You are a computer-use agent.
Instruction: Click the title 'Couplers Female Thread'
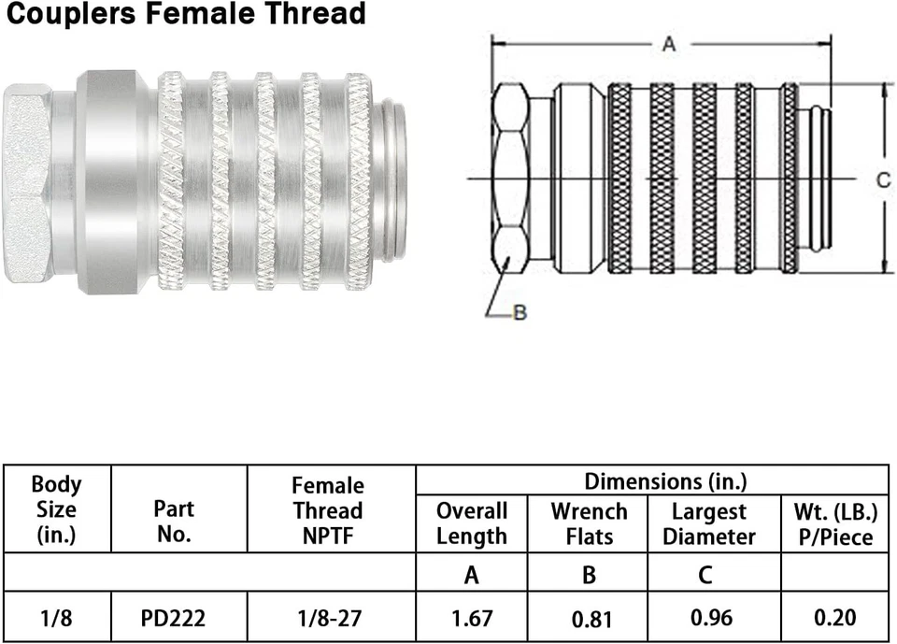click(184, 15)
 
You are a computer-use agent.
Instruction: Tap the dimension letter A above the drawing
click(668, 44)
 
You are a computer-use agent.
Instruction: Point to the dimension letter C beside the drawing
click(883, 180)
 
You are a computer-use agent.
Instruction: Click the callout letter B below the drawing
click(520, 313)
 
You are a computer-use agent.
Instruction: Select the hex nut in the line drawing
click(510, 178)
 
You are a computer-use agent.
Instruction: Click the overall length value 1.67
click(472, 617)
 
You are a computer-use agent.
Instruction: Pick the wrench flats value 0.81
click(589, 618)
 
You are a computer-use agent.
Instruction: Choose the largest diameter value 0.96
click(712, 618)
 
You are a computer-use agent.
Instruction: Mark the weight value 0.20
click(834, 618)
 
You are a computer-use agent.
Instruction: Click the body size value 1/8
click(56, 617)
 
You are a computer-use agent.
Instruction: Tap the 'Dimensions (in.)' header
click(665, 481)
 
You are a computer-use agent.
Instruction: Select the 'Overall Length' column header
click(472, 523)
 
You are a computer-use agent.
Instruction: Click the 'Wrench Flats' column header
click(589, 523)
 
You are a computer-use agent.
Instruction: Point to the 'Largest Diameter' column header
click(713, 524)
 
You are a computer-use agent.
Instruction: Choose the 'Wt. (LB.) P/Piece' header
click(834, 524)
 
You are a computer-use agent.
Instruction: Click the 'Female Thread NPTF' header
click(327, 510)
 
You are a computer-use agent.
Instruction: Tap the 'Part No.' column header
click(174, 521)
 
